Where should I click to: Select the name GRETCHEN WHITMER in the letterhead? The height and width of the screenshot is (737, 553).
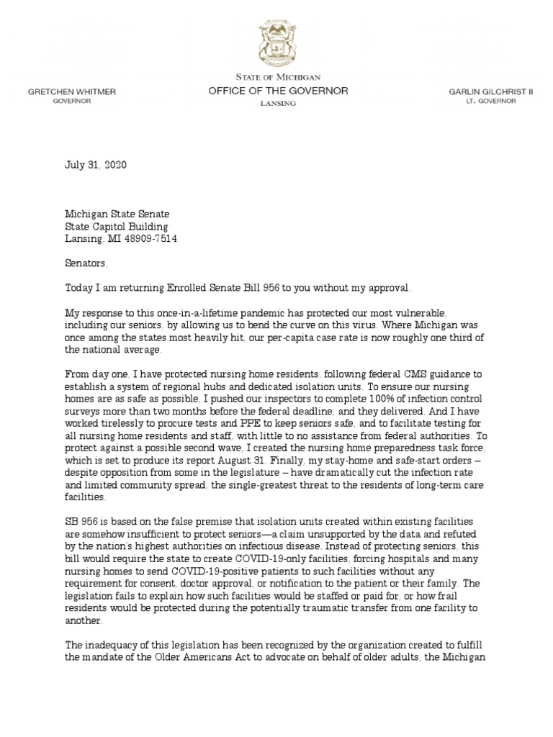click(x=71, y=92)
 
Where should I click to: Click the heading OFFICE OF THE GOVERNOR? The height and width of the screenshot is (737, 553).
click(x=278, y=91)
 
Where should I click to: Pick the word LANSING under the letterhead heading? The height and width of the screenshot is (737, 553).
click(x=278, y=104)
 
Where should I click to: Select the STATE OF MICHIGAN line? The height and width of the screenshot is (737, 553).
click(x=278, y=77)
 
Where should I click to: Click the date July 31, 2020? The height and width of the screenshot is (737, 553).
click(x=96, y=165)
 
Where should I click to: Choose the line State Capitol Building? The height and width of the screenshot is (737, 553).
click(x=115, y=226)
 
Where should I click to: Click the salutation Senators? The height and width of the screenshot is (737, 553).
click(x=86, y=263)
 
